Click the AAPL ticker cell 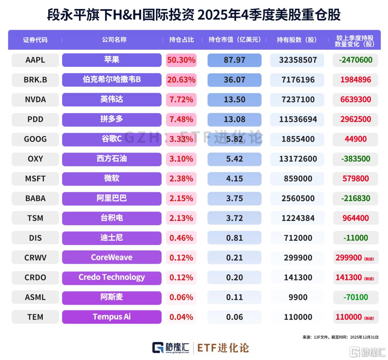(35, 60)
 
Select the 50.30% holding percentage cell (181, 60)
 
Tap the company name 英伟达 (112, 99)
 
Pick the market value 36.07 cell (234, 80)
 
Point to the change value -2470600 (355, 60)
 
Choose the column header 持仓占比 (181, 40)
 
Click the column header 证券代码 (35, 40)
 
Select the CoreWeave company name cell (112, 257)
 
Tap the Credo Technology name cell (112, 277)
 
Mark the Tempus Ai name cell (112, 317)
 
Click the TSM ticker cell (35, 218)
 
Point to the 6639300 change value (355, 100)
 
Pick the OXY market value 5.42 (234, 159)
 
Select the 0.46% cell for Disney (181, 238)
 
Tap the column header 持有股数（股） (297, 40)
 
